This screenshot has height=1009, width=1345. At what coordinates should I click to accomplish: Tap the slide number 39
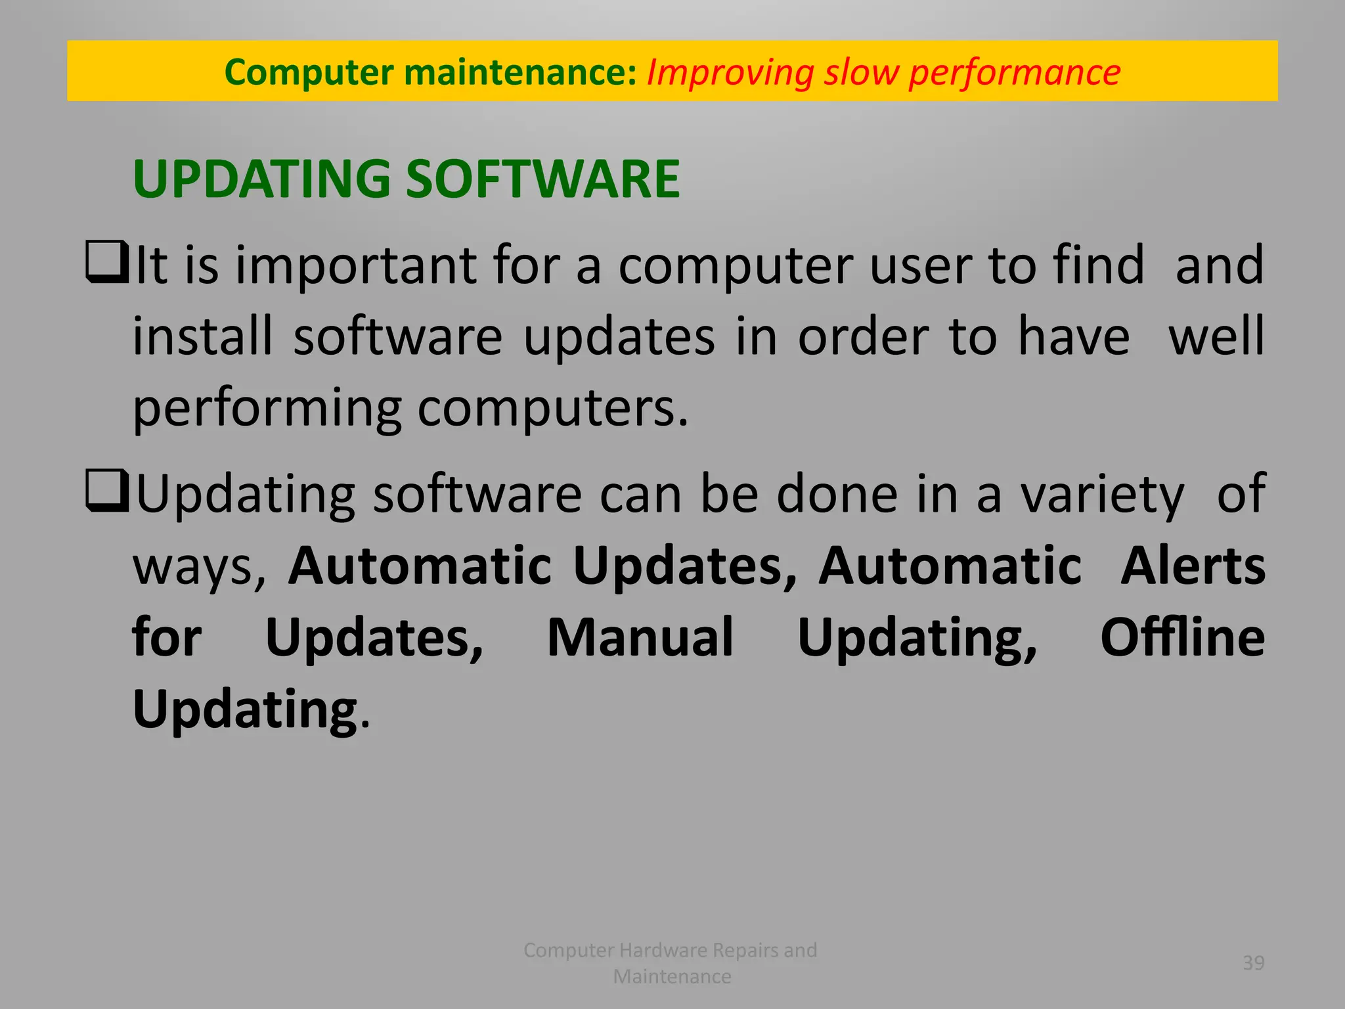coord(1253,963)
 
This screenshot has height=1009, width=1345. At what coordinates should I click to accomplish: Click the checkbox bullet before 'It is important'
coord(106,263)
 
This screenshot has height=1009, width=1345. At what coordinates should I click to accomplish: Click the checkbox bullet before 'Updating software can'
coord(106,492)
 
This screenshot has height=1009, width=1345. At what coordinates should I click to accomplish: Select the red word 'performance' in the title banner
coord(1015,72)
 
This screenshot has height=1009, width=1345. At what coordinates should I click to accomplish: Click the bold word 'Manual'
coord(640,637)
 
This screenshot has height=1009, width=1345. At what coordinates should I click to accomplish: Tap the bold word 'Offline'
coord(1182,637)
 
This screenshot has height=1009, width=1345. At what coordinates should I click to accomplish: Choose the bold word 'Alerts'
coord(1193,566)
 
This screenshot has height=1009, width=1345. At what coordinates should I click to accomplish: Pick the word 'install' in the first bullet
coord(202,336)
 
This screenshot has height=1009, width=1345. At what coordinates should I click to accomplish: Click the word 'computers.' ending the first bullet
coord(553,408)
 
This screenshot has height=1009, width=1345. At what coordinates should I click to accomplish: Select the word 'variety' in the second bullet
coord(1102,495)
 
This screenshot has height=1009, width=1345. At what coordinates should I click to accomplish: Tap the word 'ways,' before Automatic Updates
coord(200,567)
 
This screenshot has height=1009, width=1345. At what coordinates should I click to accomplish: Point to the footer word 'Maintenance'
coord(672,977)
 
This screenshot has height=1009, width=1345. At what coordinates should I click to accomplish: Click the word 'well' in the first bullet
coord(1216,336)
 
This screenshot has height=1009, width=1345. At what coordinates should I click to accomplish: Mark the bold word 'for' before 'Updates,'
coord(167,637)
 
